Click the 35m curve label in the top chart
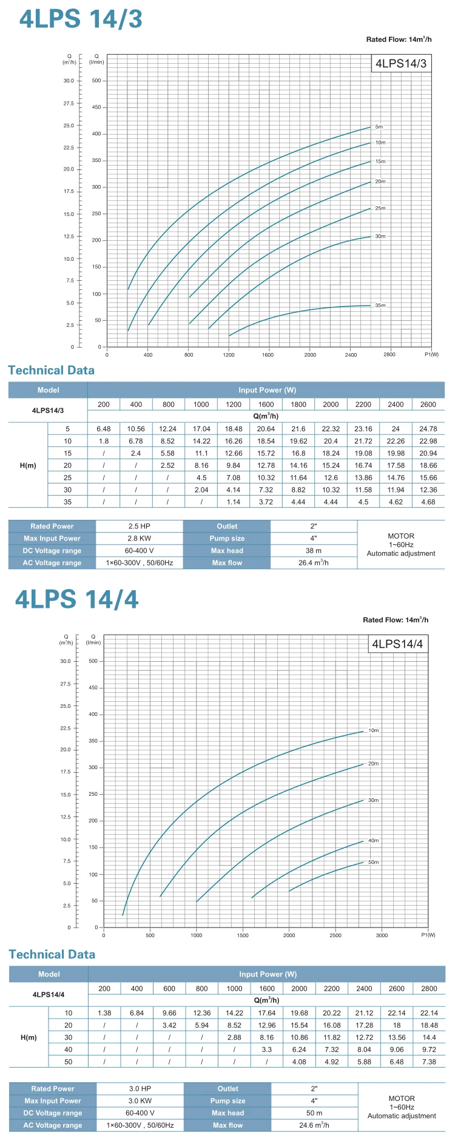(380, 305)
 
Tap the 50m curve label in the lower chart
(373, 862)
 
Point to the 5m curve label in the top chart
(379, 127)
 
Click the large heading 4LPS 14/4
(77, 599)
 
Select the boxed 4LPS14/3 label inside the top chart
(401, 64)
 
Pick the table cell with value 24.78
(428, 429)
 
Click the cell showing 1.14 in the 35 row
(234, 502)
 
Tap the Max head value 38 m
(314, 551)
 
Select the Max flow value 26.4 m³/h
(314, 563)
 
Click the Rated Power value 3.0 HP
(140, 1089)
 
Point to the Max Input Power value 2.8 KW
(140, 539)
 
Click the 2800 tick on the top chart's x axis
(389, 355)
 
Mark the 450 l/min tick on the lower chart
(93, 688)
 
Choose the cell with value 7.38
(429, 1062)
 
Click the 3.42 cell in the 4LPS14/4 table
(169, 1026)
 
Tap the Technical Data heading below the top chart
(51, 371)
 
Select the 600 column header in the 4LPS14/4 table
(169, 989)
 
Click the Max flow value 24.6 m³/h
(314, 1125)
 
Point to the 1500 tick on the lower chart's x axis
(243, 935)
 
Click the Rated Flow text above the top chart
(399, 39)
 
